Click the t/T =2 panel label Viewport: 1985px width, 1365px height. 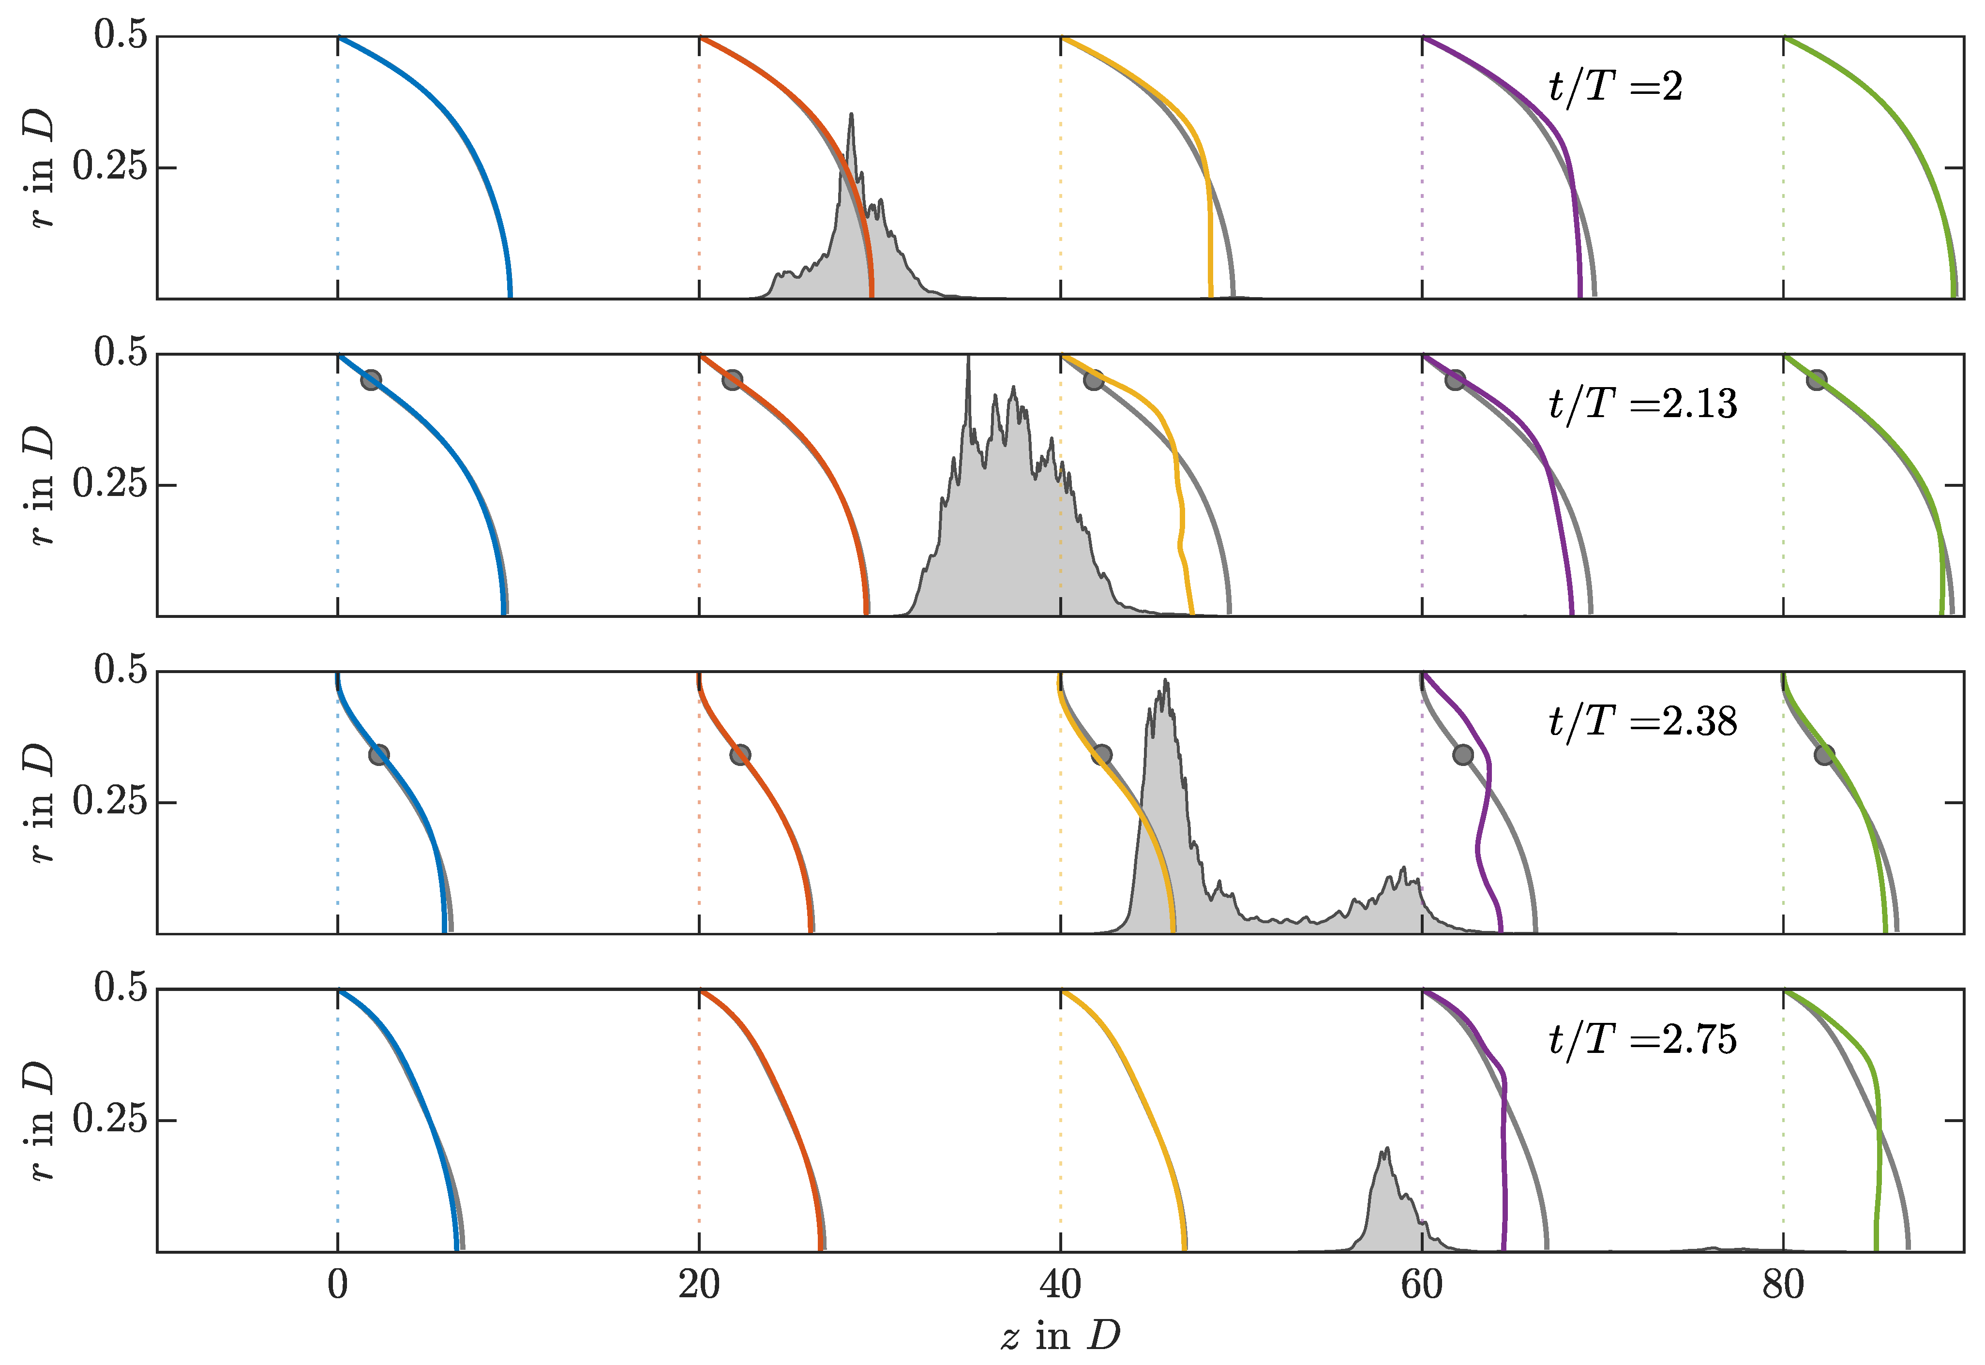point(1615,87)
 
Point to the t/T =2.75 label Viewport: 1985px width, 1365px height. point(1642,1040)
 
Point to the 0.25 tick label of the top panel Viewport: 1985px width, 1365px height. point(109,167)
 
